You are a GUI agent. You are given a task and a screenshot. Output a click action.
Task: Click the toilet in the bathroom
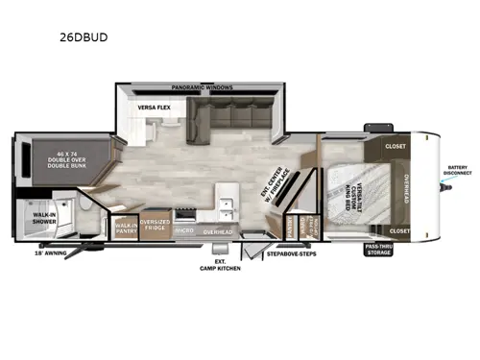click(x=86, y=209)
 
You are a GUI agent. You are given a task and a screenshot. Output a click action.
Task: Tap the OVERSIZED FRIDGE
click(x=156, y=227)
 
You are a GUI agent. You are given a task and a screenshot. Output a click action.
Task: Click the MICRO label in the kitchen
click(x=185, y=231)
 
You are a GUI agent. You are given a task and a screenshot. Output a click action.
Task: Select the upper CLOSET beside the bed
click(x=396, y=147)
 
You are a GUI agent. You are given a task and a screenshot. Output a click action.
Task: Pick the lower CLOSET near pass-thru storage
click(x=401, y=231)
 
